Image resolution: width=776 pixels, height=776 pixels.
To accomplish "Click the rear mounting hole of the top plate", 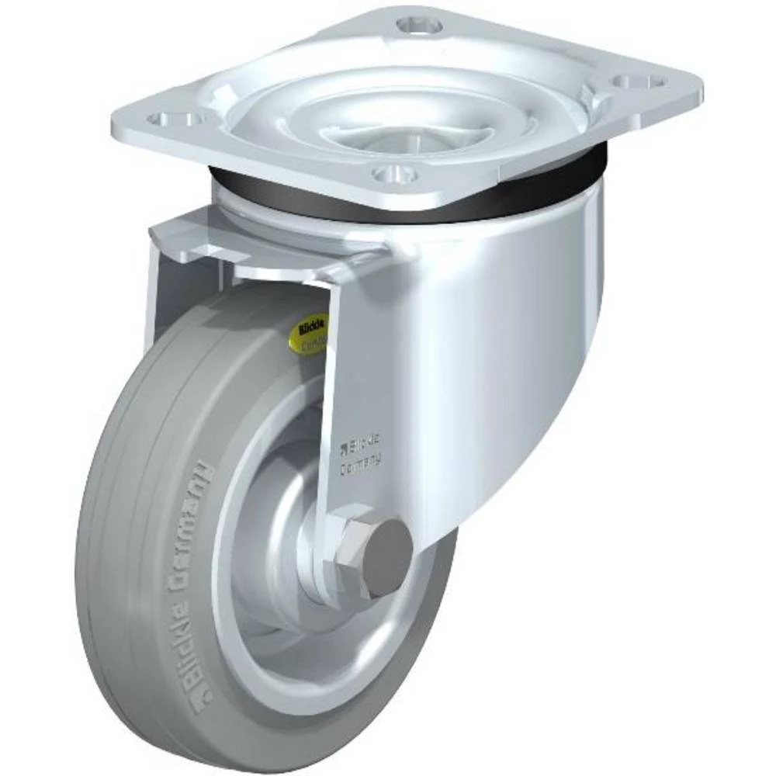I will [x=419, y=26].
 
